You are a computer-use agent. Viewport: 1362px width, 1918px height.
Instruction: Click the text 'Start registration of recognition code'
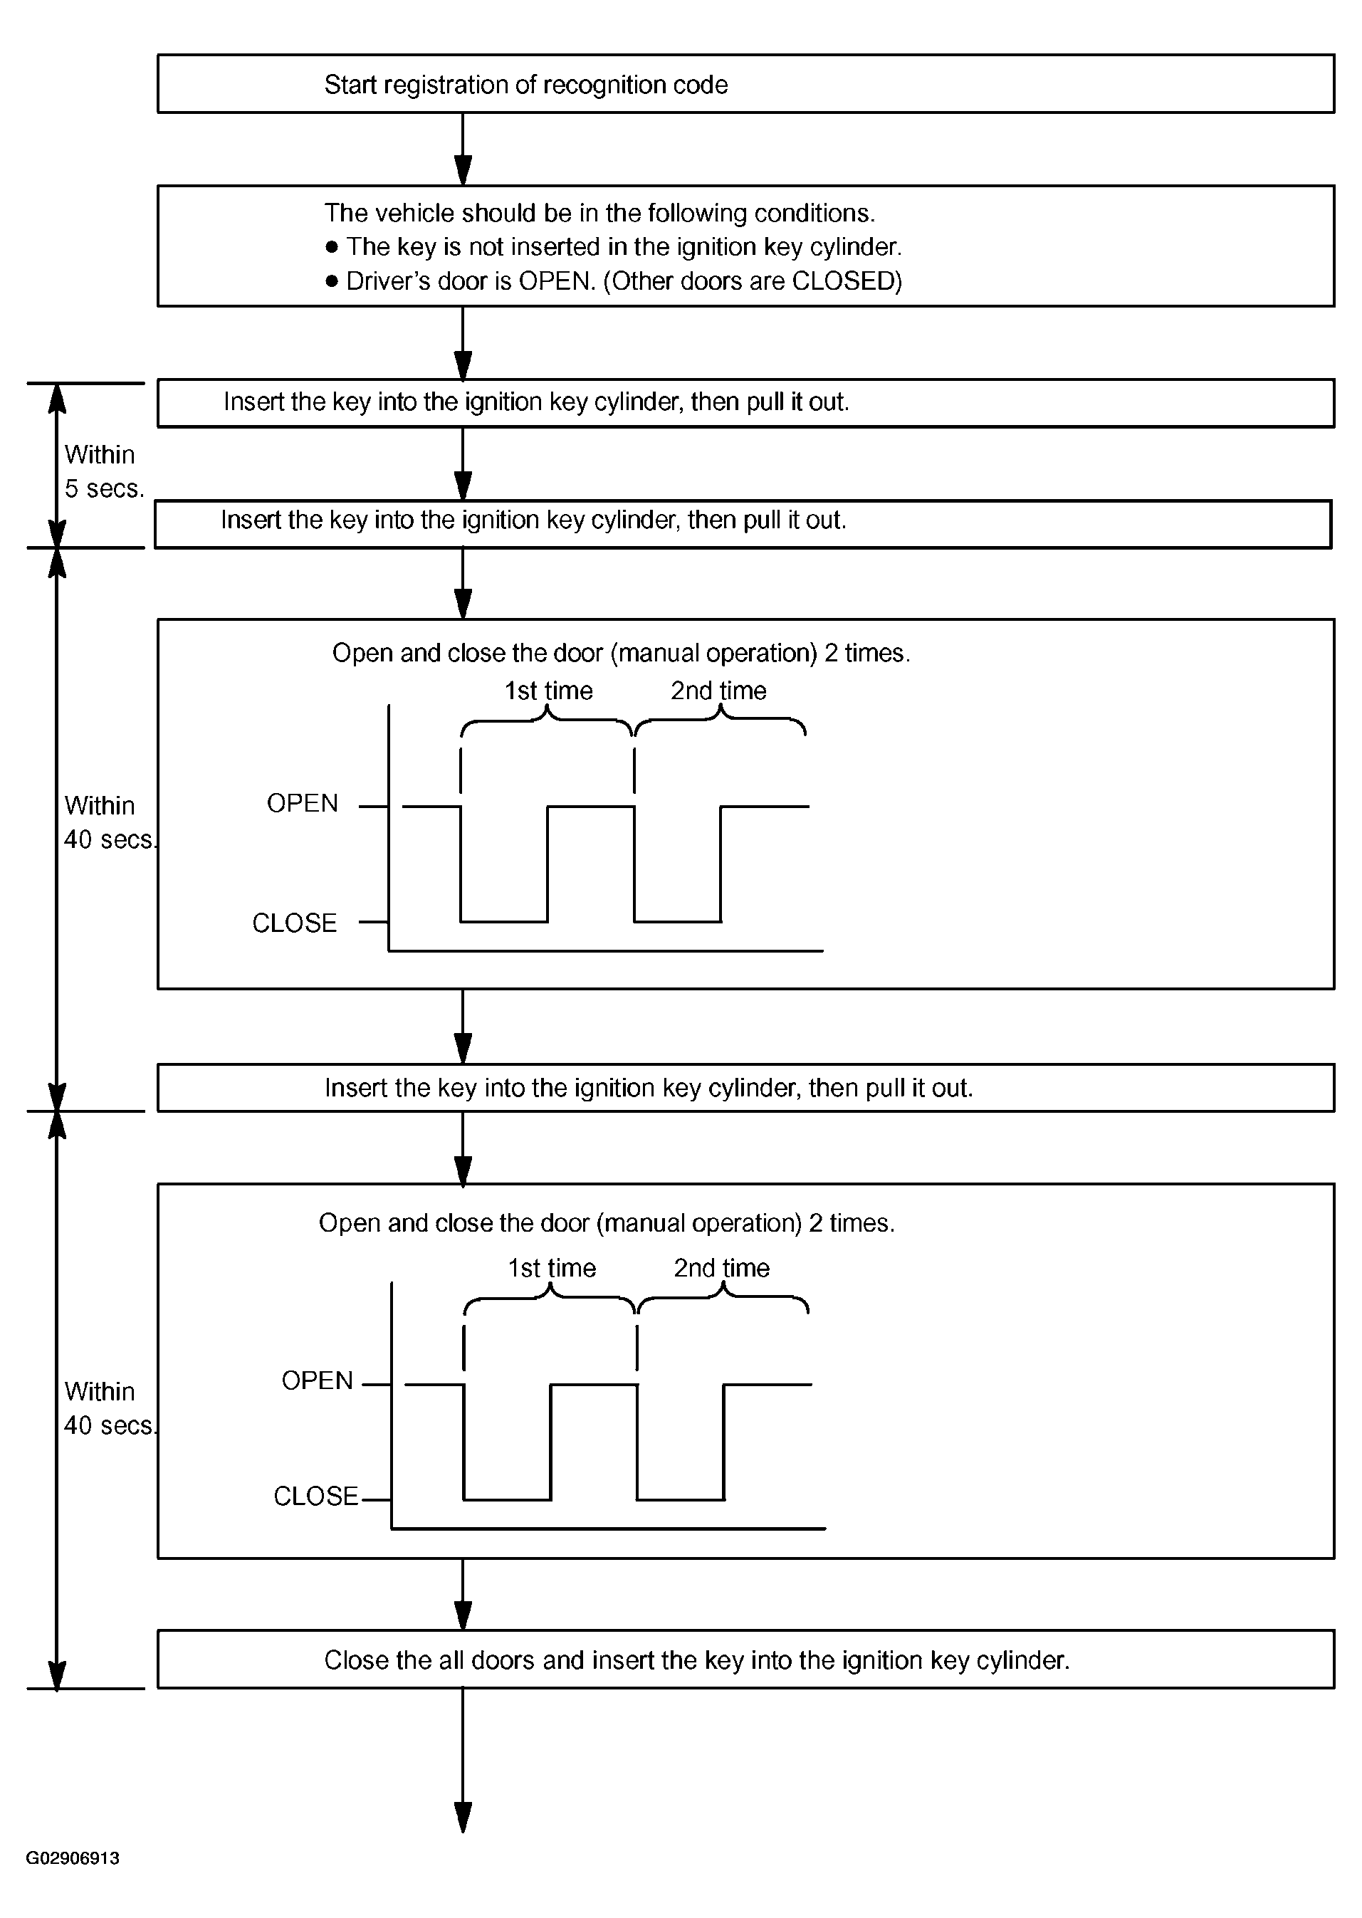[526, 85]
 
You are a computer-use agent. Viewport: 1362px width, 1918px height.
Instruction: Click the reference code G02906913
[73, 1857]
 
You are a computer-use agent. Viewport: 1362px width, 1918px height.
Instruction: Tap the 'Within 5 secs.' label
[104, 471]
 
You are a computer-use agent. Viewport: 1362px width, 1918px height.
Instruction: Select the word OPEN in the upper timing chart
[302, 803]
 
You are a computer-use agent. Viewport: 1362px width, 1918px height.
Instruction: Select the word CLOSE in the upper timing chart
[294, 923]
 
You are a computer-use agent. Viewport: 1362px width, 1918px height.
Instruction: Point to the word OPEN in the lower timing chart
[317, 1380]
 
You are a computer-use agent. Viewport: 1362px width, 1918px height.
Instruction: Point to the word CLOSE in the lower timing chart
[315, 1496]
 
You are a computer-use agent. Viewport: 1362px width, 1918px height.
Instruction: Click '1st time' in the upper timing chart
[548, 691]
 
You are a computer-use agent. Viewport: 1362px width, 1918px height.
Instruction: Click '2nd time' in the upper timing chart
[719, 691]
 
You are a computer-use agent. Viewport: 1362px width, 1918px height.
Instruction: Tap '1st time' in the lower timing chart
[552, 1268]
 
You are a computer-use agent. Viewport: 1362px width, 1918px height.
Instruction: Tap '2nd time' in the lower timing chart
[722, 1268]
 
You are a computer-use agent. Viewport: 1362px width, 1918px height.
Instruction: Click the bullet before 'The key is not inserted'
[331, 246]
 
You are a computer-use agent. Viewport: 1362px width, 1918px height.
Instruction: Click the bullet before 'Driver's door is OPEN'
[331, 281]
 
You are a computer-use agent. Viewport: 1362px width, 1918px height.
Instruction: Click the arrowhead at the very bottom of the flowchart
[463, 1818]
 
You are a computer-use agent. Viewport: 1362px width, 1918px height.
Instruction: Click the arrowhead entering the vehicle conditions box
[463, 170]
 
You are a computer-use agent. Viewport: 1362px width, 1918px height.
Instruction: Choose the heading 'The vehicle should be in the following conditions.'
[599, 213]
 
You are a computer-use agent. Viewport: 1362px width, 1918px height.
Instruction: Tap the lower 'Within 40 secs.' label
[110, 1409]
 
